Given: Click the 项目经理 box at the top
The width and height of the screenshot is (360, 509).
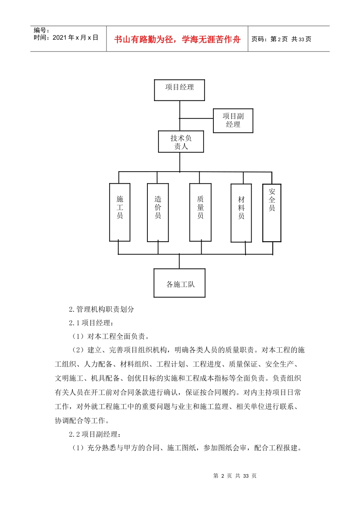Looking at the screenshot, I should [179, 90].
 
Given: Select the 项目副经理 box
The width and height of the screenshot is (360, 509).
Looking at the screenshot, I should [233, 121].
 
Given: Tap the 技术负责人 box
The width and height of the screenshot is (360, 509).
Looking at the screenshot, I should [181, 142].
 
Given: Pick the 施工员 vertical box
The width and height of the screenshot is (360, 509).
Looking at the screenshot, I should [120, 212].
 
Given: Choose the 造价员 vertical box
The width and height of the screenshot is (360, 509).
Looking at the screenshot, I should [158, 212].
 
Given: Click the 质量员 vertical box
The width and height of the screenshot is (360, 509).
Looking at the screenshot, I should [200, 212].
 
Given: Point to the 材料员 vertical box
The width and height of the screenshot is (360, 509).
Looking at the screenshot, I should [241, 213].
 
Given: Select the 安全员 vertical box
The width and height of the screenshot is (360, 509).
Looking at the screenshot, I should [272, 213].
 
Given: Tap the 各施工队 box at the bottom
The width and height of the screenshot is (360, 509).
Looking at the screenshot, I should [179, 283].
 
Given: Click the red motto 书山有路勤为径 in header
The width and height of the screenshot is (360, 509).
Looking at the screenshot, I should [177, 39].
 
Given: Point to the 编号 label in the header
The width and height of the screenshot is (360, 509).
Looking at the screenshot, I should [41, 30].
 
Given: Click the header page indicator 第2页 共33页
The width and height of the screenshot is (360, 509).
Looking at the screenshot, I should [281, 39].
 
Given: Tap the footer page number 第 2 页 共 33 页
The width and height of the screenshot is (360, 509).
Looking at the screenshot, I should [235, 476].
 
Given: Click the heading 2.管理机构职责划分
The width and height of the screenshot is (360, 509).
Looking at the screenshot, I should [102, 309].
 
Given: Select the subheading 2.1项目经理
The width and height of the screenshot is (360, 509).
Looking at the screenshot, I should [91, 323].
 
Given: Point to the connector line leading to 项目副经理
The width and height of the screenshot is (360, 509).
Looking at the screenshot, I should [196, 119].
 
